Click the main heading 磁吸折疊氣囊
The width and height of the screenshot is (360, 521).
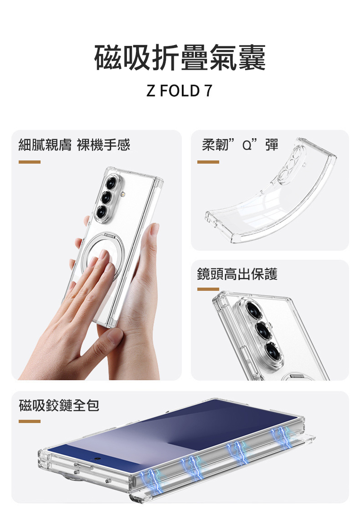(x=180, y=58)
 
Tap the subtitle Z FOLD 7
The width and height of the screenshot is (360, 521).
(x=180, y=91)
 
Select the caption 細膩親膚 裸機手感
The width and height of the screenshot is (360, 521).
(x=74, y=145)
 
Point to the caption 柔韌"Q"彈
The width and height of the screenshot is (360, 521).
(x=240, y=145)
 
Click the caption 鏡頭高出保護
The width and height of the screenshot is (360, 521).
(x=237, y=274)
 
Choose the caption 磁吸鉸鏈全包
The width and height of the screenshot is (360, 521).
(x=59, y=405)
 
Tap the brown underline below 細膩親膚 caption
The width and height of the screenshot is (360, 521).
(x=30, y=162)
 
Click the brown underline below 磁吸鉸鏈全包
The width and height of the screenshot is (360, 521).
(x=30, y=421)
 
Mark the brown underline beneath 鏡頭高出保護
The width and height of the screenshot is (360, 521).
(x=208, y=289)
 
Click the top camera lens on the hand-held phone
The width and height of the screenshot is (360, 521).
(x=111, y=183)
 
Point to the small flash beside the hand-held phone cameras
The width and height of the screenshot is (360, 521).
(x=123, y=193)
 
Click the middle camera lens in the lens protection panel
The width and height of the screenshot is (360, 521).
(x=264, y=330)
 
